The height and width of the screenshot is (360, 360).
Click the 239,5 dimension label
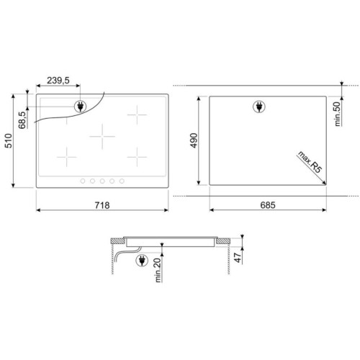pyautogui.click(x=58, y=81)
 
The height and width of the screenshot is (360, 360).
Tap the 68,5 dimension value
pyautogui.click(x=22, y=120)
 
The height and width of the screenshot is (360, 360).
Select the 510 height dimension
pyautogui.click(x=9, y=141)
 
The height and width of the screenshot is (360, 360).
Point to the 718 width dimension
pyautogui.click(x=102, y=205)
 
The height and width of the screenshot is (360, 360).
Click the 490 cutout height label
pyautogui.click(x=194, y=140)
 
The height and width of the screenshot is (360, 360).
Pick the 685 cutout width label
pyautogui.click(x=268, y=205)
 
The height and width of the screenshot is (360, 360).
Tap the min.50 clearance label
pyautogui.click(x=338, y=114)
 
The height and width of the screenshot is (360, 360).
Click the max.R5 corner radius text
pyautogui.click(x=310, y=162)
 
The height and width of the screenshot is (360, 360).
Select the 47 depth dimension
pyautogui.click(x=238, y=258)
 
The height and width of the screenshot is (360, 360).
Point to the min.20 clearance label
pyautogui.click(x=158, y=270)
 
